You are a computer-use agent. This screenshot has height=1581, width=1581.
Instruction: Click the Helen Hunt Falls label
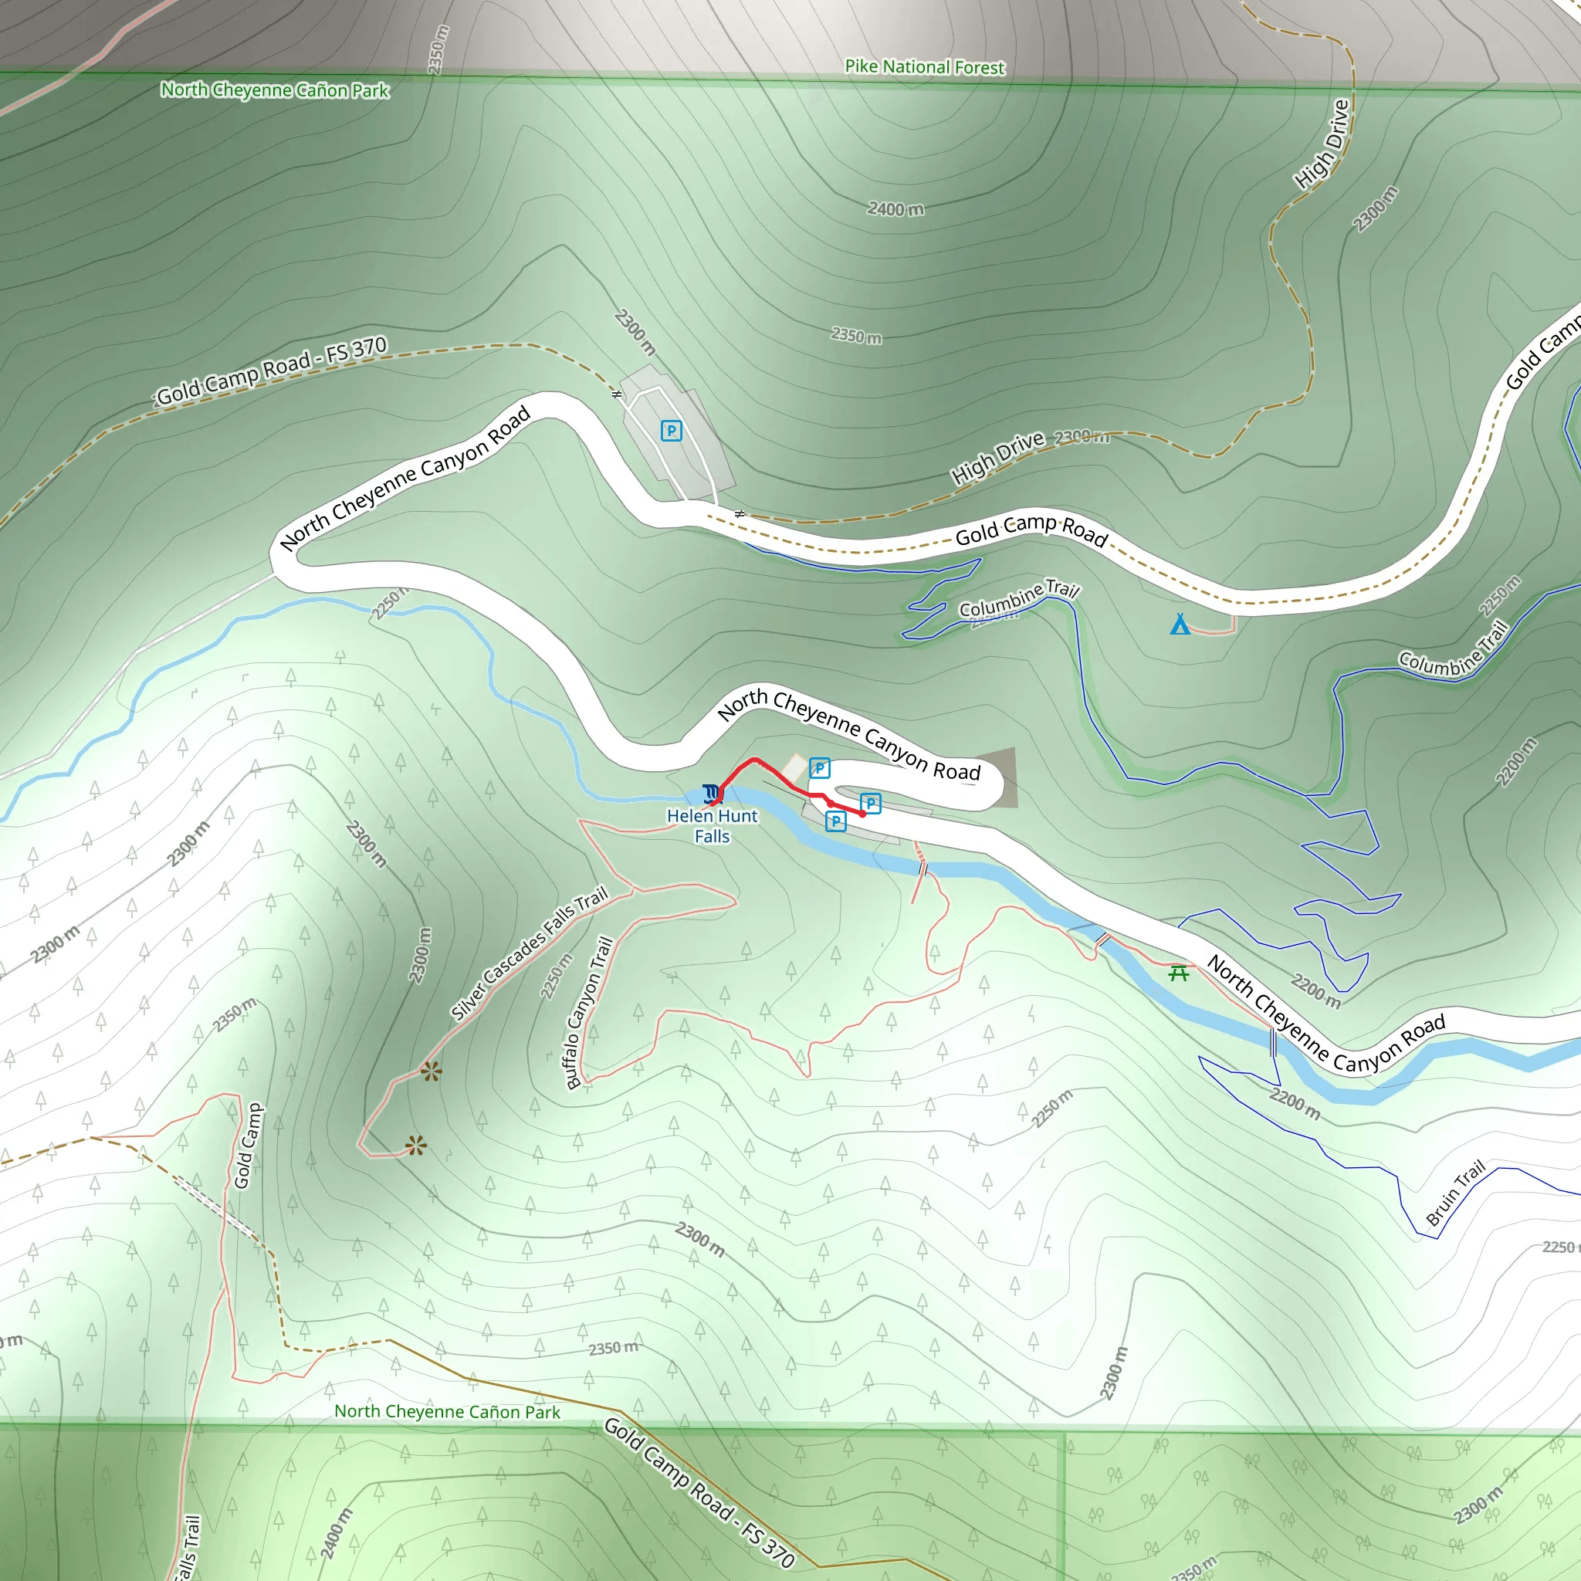[712, 826]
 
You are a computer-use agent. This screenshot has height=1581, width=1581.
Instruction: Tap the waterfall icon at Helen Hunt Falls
[711, 792]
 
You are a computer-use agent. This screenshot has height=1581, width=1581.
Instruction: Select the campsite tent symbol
[1180, 625]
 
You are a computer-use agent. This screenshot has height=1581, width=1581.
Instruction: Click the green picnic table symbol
[1178, 972]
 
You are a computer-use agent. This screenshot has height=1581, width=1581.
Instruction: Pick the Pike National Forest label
[924, 67]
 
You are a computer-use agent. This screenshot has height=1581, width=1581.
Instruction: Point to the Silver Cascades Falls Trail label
[530, 953]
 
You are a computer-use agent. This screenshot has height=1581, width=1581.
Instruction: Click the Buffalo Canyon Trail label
[589, 1012]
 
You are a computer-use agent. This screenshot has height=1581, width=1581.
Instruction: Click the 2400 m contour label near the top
[895, 209]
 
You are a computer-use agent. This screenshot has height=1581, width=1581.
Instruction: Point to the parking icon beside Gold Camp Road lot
[671, 431]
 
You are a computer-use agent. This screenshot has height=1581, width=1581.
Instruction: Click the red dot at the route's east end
[862, 814]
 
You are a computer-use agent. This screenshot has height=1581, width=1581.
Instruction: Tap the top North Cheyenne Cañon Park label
[274, 90]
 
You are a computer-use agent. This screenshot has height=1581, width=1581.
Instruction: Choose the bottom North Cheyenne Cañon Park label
[447, 1412]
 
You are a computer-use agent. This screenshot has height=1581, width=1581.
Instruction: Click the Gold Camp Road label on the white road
[1031, 530]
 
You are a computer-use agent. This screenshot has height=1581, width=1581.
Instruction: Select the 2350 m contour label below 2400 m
[856, 336]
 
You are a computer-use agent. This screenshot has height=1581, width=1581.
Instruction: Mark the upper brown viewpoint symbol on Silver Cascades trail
[432, 1071]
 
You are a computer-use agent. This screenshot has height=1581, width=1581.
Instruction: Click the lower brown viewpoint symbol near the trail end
[416, 1146]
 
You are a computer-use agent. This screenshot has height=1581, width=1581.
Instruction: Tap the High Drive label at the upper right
[1322, 144]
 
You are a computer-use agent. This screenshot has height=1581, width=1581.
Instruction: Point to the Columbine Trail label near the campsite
[1019, 598]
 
